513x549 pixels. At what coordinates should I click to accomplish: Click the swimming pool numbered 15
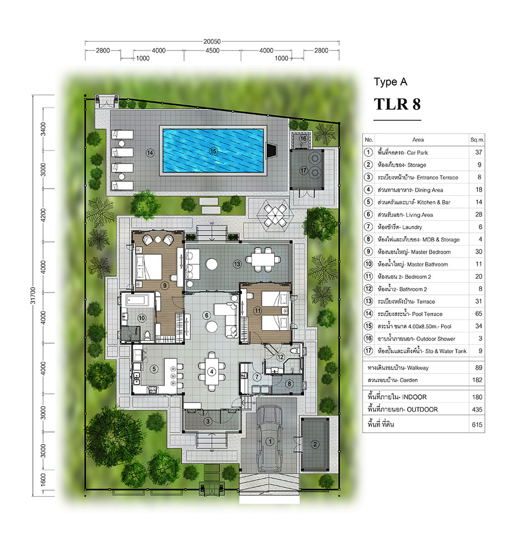point(213,151)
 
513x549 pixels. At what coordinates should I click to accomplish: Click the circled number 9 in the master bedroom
point(165,285)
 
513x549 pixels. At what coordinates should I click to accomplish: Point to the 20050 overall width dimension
point(212,41)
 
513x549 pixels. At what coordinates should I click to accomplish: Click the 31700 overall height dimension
point(33,295)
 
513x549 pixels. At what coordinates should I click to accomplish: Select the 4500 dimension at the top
point(212,51)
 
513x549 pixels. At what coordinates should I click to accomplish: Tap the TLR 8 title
point(397,104)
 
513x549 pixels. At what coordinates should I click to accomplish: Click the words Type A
point(391,82)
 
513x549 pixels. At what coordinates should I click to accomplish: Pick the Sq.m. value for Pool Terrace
point(478,313)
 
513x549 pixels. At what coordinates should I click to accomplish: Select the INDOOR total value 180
point(477,397)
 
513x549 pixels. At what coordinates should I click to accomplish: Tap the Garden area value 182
point(477,380)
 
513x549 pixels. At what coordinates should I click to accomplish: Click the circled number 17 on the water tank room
point(303,171)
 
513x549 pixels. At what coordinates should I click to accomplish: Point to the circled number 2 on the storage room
point(314,444)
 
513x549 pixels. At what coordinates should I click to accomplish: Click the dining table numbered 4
point(212,372)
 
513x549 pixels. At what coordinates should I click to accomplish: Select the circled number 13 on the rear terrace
point(237,264)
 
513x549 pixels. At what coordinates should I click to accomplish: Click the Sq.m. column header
point(477,139)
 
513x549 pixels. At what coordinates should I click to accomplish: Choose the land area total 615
point(477,425)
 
